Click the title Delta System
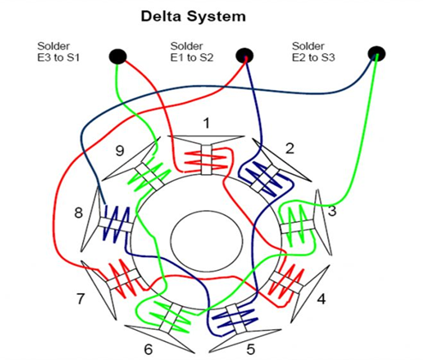coord(210,15)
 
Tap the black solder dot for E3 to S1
coord(117,57)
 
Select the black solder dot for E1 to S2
coord(244,56)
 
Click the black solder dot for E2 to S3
coord(376,55)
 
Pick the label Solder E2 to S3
coord(315,51)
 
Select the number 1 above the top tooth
coord(206,123)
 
